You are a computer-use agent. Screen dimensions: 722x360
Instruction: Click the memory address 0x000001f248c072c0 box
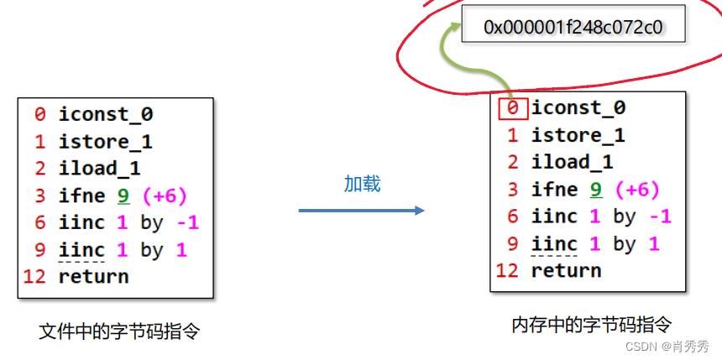573,27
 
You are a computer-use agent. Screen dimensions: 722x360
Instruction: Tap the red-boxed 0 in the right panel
514,108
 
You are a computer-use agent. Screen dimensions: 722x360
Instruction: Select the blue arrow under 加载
361,210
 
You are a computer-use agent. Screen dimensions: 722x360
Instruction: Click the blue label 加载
362,184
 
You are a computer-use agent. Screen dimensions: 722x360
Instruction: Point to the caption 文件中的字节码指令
119,331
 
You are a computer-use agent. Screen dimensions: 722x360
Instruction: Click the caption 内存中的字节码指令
592,325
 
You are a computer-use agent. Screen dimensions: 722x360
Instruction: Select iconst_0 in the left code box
105,114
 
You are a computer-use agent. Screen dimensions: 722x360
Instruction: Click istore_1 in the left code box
105,141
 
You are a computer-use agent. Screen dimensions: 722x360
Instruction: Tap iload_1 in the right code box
572,162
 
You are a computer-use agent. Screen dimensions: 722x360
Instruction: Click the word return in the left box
93,276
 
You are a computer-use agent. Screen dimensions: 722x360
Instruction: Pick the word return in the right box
566,270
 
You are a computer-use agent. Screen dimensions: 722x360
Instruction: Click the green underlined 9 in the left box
124,196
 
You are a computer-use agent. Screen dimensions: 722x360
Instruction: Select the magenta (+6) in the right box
636,190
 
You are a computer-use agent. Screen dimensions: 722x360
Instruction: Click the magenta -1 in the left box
187,222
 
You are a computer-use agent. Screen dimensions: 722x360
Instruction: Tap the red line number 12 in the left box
34,276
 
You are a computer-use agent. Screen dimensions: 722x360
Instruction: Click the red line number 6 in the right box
513,217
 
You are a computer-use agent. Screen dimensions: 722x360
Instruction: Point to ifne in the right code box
554,190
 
